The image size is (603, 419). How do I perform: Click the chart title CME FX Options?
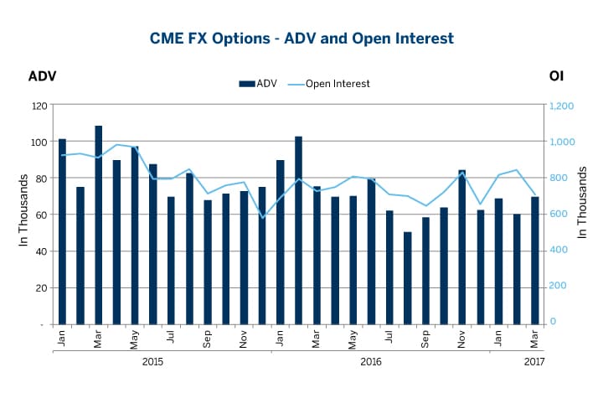click(301, 39)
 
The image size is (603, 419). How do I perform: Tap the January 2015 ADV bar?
click(62, 231)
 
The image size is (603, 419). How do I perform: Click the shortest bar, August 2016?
click(407, 277)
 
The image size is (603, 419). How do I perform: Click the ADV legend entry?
click(258, 84)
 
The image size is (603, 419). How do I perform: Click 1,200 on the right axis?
click(561, 106)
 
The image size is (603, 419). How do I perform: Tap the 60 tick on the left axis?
click(41, 215)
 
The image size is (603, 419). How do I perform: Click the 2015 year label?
click(152, 362)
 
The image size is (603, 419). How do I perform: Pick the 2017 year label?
click(533, 362)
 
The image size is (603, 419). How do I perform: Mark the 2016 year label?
click(371, 362)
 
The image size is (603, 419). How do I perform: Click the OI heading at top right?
click(556, 76)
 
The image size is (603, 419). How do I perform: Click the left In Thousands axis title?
click(24, 214)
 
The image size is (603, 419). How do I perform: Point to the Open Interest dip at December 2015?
click(262, 218)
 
